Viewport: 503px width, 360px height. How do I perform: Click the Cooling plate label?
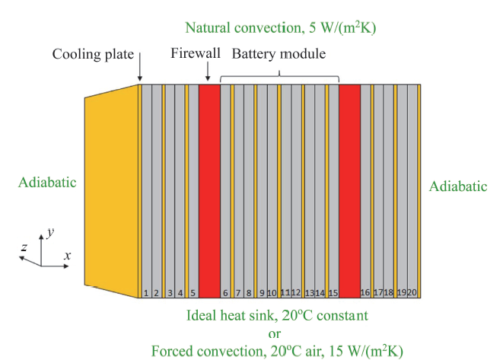point(93,54)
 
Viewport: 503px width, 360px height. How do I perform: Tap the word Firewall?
point(196,53)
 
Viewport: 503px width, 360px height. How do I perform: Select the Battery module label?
point(279,53)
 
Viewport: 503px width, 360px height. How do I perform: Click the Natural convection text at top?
point(281,27)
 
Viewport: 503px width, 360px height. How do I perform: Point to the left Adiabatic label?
point(47,182)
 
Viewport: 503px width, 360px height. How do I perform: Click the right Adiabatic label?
point(458,186)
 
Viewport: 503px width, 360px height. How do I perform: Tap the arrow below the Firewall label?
point(208,72)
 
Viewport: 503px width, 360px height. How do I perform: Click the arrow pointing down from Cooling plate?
point(140,67)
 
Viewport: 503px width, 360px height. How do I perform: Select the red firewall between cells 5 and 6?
point(209,191)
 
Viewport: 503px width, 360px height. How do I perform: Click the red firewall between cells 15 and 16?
point(349,191)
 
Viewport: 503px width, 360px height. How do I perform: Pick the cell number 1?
point(146,293)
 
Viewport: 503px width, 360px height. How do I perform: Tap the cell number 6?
point(225,293)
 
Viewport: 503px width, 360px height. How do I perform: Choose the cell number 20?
point(412,292)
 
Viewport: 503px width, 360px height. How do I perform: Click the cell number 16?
point(365,292)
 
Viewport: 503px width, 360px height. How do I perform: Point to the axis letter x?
point(67,256)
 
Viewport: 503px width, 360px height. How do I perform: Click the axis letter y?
point(50,232)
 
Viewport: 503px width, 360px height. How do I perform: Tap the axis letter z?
point(24,247)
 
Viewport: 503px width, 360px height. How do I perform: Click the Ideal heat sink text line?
point(278,315)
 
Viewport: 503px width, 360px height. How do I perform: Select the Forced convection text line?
point(277,351)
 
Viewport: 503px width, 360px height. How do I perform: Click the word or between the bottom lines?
point(275,333)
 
